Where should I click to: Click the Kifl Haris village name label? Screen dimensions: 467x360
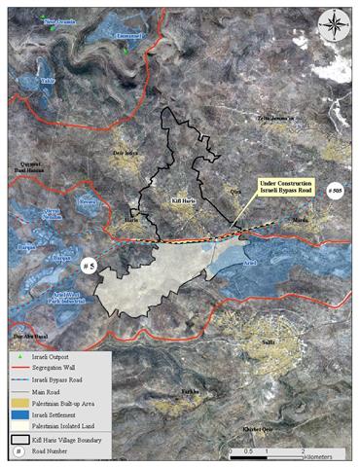(185, 198)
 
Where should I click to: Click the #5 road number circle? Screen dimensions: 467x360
(88, 264)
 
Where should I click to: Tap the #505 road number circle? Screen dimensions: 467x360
(334, 191)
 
